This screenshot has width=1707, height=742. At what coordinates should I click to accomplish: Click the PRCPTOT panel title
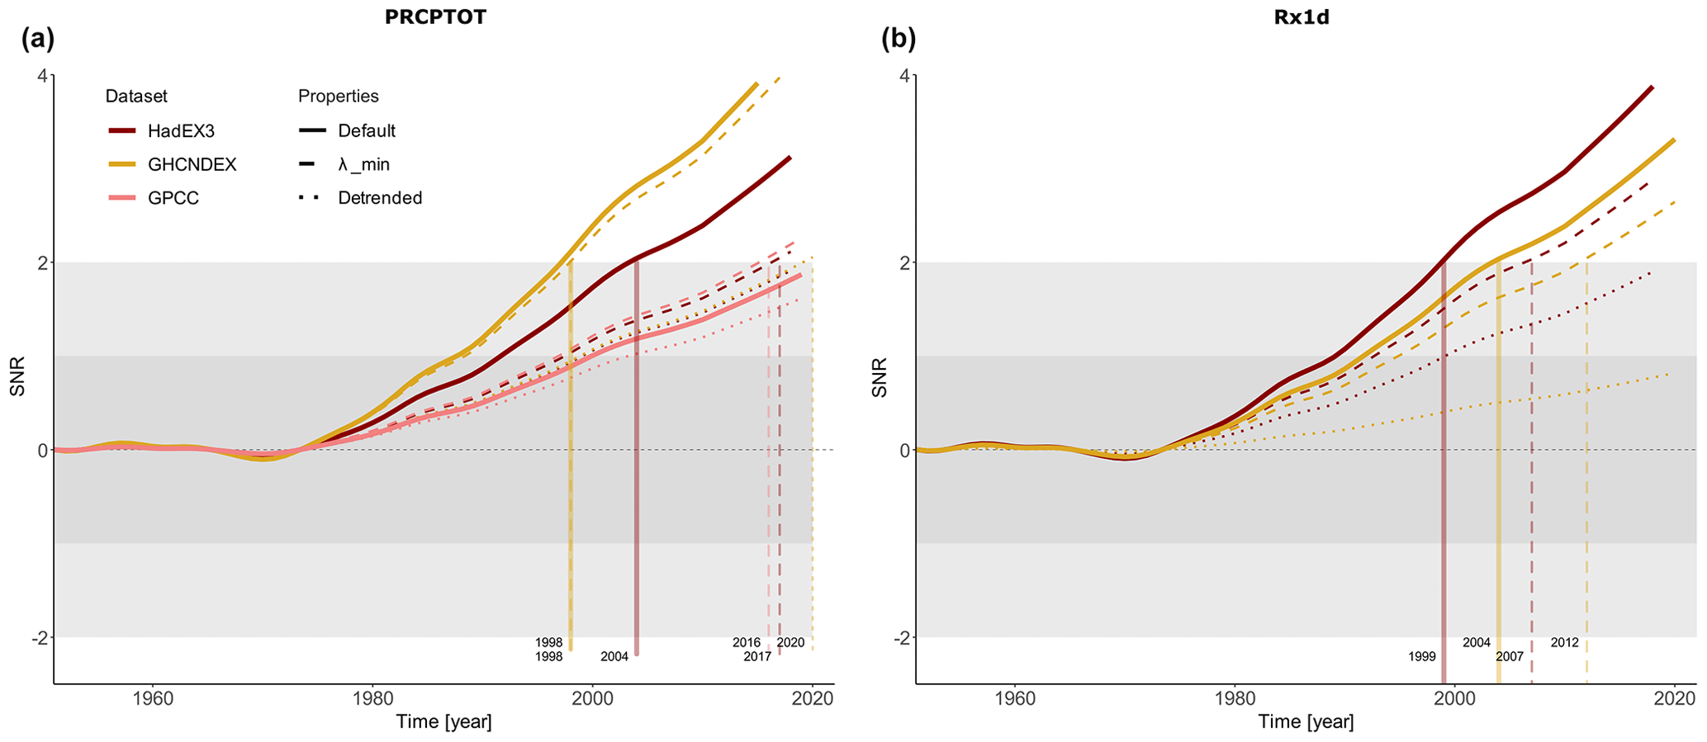pos(435,17)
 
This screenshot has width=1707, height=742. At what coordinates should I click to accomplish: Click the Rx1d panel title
pos(1301,17)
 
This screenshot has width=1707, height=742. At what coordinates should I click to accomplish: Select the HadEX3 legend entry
pos(181,131)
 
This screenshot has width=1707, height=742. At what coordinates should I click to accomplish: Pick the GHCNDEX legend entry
pos(192,165)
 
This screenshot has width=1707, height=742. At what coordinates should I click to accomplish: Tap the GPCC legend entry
pos(173,198)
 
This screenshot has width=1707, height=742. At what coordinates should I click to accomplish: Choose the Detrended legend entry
pos(380,198)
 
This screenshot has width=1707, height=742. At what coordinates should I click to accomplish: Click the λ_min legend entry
pos(363,165)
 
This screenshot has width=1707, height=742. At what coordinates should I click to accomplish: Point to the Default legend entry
pos(367,131)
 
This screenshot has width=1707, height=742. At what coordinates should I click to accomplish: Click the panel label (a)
pos(38,38)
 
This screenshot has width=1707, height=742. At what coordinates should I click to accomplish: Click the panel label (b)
pos(899,38)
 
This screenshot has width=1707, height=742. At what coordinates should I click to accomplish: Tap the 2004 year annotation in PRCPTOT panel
pos(614,657)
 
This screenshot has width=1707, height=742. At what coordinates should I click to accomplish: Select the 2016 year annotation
pos(747,642)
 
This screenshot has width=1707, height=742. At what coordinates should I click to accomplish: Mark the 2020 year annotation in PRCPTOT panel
pos(790,642)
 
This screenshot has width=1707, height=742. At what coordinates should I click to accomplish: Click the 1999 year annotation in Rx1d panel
pos(1422,657)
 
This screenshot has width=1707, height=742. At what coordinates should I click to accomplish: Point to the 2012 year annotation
pos(1564,642)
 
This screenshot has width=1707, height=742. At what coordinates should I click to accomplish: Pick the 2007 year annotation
pos(1510,657)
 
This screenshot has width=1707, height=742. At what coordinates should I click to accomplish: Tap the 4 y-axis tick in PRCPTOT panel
pos(43,75)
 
